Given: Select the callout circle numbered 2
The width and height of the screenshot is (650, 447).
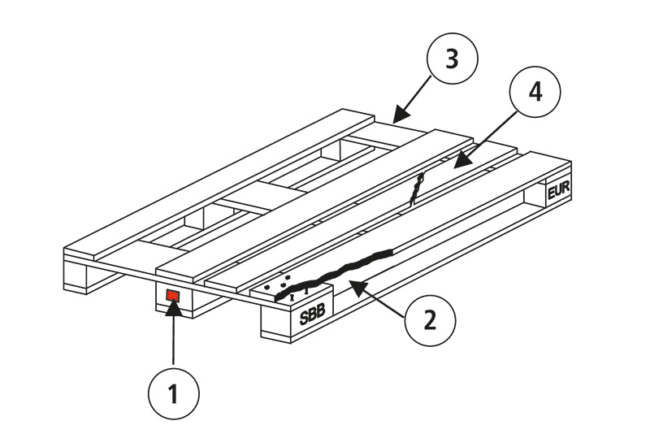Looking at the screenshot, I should point(430,319).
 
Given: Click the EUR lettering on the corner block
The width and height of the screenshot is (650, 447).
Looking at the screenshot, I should point(559,192).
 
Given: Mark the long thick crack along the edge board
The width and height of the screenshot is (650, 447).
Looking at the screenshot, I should point(341,271).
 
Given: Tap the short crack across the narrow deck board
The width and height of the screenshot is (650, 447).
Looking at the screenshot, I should point(418,189).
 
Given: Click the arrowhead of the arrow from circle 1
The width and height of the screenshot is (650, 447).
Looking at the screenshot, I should point(172,306).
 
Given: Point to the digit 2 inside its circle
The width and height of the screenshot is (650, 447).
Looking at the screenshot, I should point(430,319).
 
